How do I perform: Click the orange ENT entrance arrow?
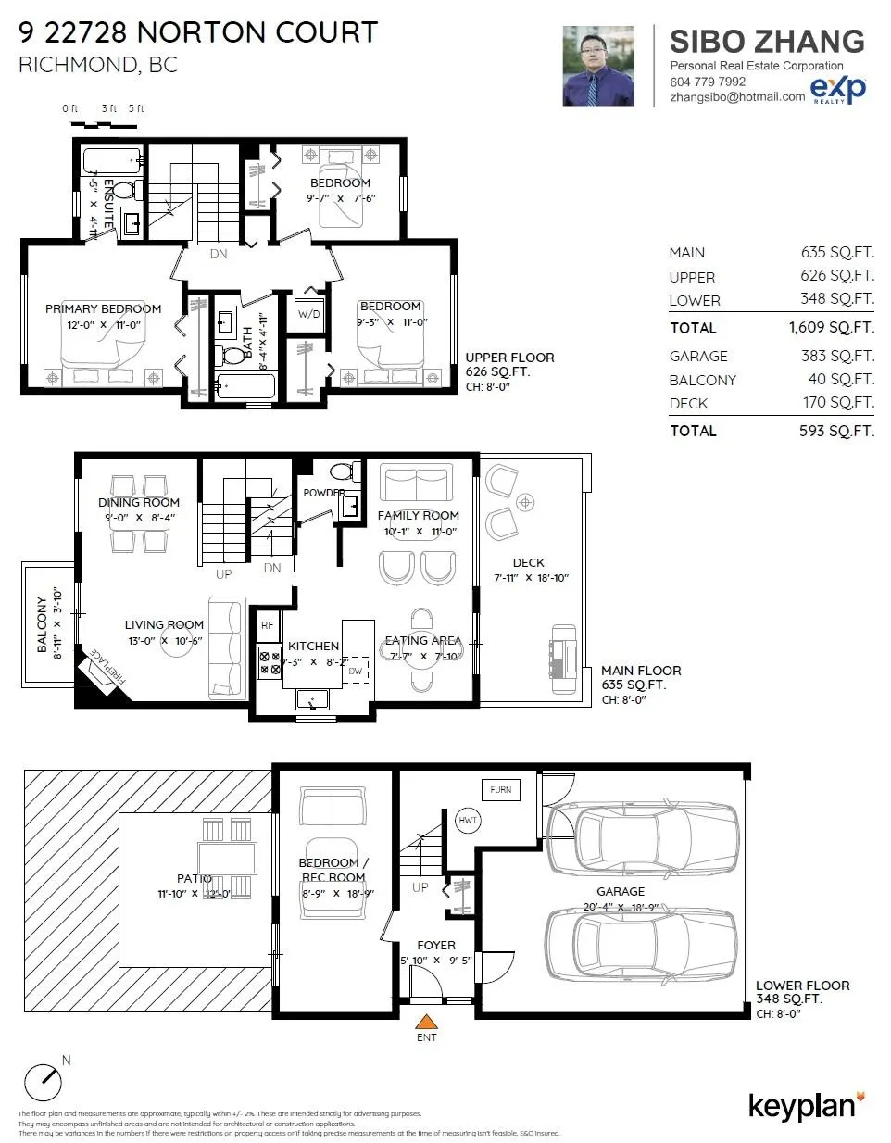pyautogui.click(x=426, y=1023)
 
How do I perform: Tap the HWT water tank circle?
pyautogui.click(x=468, y=820)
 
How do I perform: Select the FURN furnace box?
pyautogui.click(x=500, y=790)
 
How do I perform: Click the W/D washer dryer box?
pyautogui.click(x=308, y=315)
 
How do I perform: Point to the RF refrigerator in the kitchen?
pyautogui.click(x=268, y=626)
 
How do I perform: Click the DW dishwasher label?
pyautogui.click(x=356, y=671)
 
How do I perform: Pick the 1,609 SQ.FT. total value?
pyautogui.click(x=831, y=328)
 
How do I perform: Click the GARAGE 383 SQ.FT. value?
pyautogui.click(x=837, y=357)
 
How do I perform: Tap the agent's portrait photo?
pyautogui.click(x=598, y=66)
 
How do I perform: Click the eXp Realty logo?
pyautogui.click(x=838, y=90)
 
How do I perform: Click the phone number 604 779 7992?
pyautogui.click(x=708, y=82)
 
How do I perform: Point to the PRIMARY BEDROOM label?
pyautogui.click(x=103, y=309)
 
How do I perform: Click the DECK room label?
pyautogui.click(x=529, y=562)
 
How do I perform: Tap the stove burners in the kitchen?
pyautogui.click(x=270, y=661)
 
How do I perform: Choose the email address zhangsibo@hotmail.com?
pyautogui.click(x=737, y=96)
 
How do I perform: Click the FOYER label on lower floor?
pyautogui.click(x=435, y=946)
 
